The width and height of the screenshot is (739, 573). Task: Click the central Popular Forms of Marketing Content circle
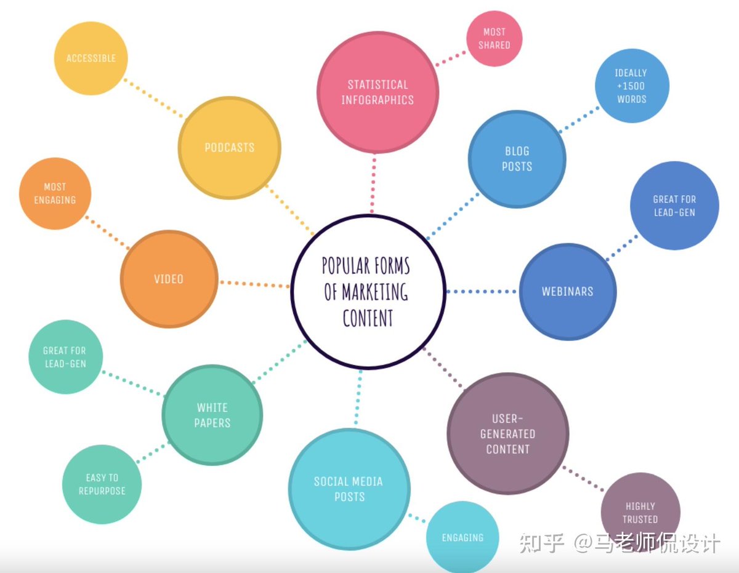point(368,292)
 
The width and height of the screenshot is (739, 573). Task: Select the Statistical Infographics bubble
point(378,92)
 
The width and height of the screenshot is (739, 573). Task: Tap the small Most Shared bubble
point(494,38)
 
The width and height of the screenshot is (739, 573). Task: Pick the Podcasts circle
point(230,148)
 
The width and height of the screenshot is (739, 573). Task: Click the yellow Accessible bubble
point(91,58)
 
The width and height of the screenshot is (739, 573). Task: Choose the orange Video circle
point(169,279)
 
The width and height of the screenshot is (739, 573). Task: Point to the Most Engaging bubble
point(55,193)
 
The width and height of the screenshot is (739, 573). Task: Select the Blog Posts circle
point(517,159)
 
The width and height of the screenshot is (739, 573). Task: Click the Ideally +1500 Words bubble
point(632,86)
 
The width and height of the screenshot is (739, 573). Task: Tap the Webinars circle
point(568,292)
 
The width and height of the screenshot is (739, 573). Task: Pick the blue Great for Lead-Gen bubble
point(674,206)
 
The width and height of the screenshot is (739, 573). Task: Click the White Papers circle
point(212,415)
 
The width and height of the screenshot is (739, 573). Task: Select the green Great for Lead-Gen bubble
point(65,357)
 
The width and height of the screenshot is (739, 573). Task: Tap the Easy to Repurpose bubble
point(102,484)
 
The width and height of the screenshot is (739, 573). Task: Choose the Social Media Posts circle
point(349,489)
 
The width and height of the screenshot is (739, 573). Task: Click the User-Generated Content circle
point(507,434)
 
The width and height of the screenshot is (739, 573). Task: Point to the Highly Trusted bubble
point(640,513)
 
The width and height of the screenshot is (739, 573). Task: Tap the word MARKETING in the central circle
point(375,292)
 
